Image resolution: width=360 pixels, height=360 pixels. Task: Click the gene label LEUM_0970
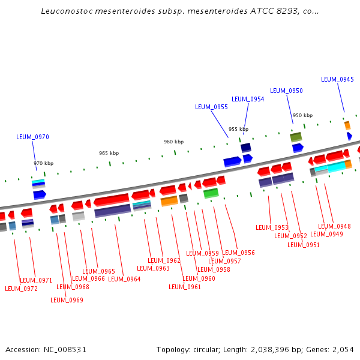[x=32, y=137]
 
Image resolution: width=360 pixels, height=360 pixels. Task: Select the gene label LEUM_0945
[x=337, y=79]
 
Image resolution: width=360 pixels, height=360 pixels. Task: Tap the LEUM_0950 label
[x=286, y=91]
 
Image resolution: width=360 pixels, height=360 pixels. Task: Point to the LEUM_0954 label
[x=248, y=99]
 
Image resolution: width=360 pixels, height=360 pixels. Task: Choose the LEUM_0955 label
[x=211, y=107]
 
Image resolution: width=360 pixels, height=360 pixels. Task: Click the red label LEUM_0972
[x=21, y=289]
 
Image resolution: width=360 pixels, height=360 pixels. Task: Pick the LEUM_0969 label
[x=67, y=300]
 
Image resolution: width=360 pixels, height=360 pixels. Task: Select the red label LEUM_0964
[x=124, y=279]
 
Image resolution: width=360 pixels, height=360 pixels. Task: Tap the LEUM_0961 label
[x=185, y=287]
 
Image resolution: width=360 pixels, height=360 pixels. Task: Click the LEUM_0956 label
[x=239, y=253]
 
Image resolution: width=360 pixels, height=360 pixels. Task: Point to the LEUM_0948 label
[x=334, y=227]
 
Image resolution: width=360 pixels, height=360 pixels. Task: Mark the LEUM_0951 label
[x=304, y=245]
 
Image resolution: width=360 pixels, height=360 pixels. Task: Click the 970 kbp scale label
[x=43, y=163]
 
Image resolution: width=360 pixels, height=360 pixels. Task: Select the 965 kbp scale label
[x=109, y=153]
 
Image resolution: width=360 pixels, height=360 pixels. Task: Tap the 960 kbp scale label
[x=173, y=142]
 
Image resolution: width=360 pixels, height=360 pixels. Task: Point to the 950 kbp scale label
[x=302, y=115]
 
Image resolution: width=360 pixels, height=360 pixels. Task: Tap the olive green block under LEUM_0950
[x=296, y=137]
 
